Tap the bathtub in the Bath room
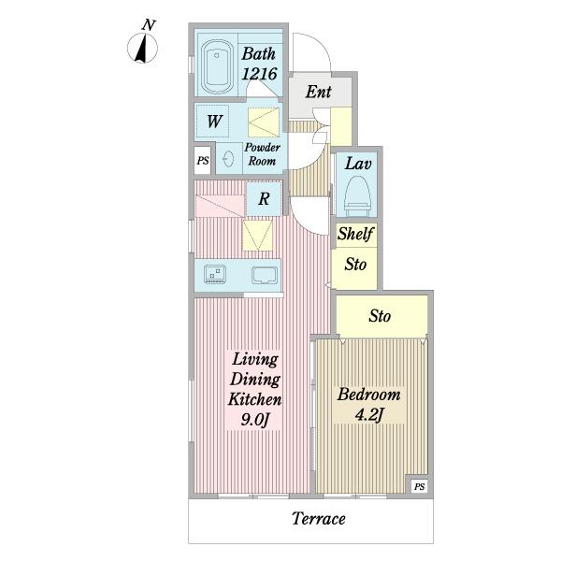(x=217, y=66)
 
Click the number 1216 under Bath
(x=259, y=74)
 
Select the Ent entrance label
(x=318, y=92)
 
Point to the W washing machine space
(x=213, y=121)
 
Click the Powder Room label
(x=262, y=154)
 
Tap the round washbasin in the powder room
(x=227, y=158)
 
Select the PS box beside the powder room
(x=203, y=160)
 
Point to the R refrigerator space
(x=264, y=199)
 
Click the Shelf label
(x=355, y=234)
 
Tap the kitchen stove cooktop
(x=215, y=274)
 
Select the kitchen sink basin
(x=265, y=275)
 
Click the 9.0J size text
(x=254, y=419)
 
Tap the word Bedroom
(x=369, y=395)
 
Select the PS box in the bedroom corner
(x=419, y=486)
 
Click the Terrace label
(x=319, y=518)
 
